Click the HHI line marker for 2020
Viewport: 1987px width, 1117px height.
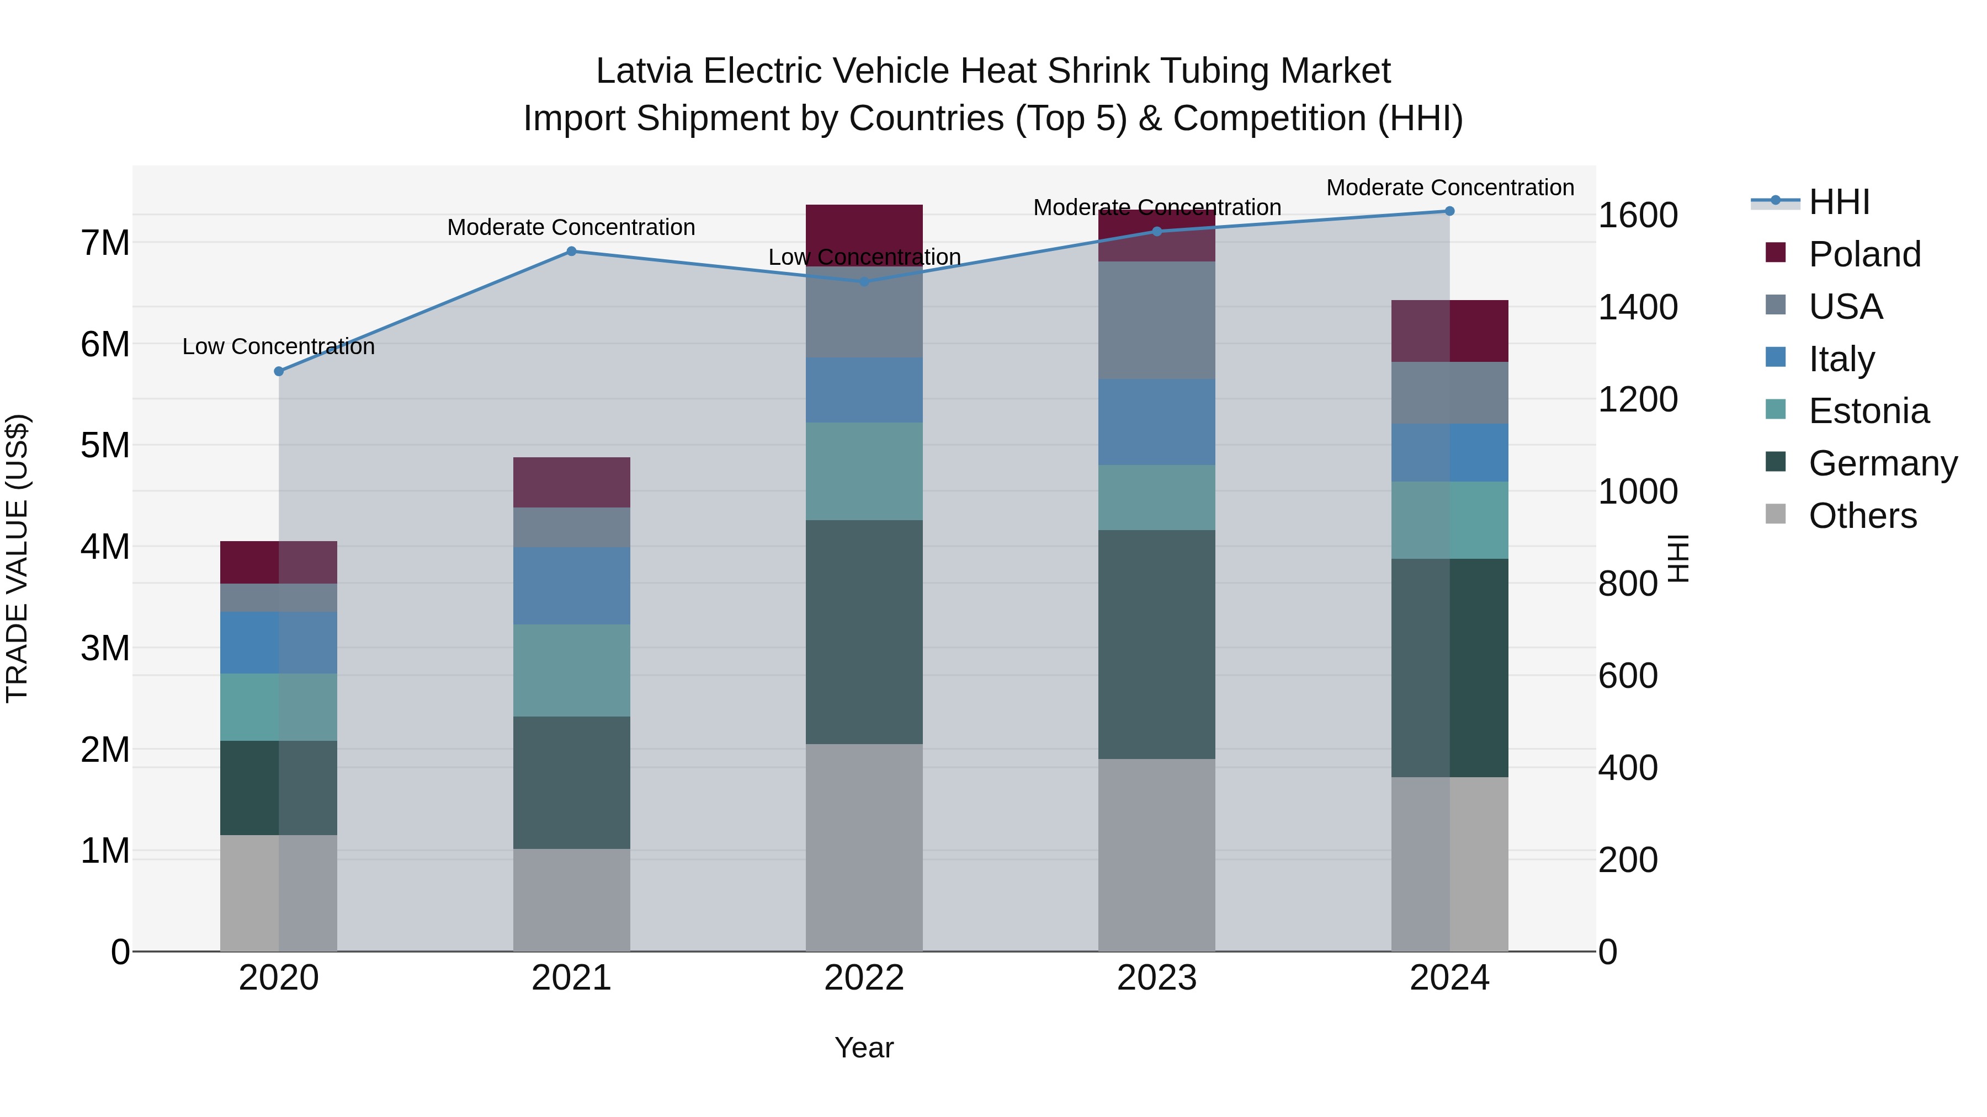tap(279, 372)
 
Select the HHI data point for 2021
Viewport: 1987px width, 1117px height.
tap(572, 252)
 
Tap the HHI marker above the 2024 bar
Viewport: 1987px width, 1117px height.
tap(1449, 211)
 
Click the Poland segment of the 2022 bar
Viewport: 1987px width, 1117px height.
tap(864, 231)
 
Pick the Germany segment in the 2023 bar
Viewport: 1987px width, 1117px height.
tap(1156, 644)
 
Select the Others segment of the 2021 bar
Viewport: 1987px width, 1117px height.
tap(572, 900)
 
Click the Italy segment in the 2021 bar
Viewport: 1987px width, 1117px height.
tap(572, 586)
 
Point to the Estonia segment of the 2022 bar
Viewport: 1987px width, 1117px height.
tap(864, 471)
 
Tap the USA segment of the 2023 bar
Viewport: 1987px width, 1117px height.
tap(1156, 320)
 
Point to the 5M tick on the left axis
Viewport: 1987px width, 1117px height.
tap(105, 446)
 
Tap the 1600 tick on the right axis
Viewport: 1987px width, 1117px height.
tap(1637, 215)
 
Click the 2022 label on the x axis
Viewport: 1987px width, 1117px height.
tap(864, 978)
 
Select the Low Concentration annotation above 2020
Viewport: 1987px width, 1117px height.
tap(279, 347)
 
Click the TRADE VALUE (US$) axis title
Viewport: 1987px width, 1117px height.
tap(17, 558)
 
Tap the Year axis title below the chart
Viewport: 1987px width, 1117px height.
tap(864, 1047)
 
